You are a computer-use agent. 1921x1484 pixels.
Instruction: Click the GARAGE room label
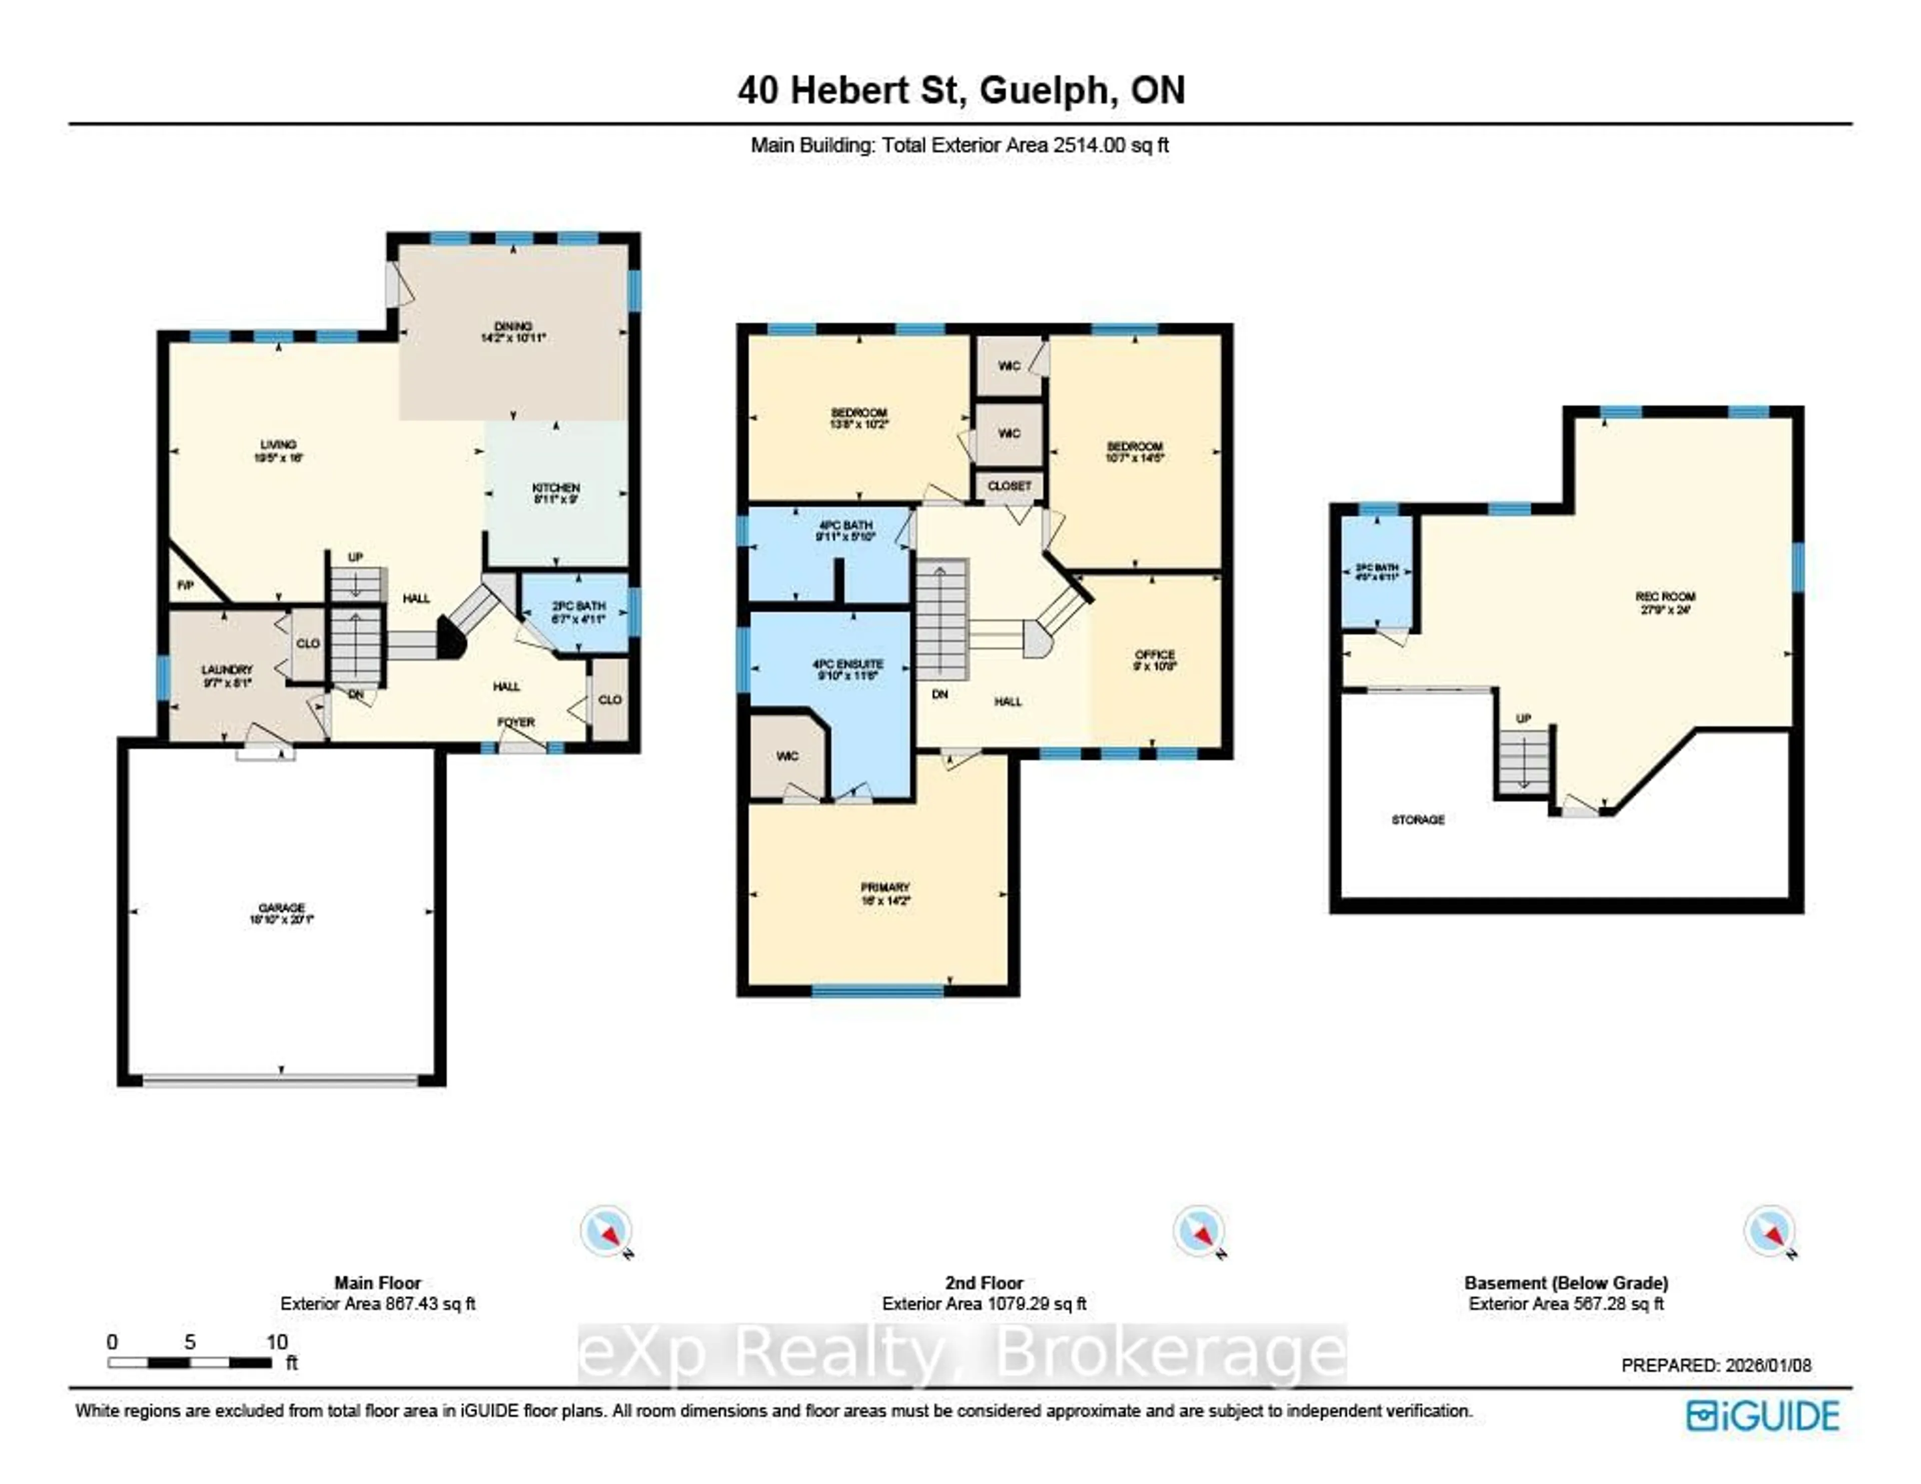282,908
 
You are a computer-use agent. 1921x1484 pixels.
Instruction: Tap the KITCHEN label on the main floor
556,487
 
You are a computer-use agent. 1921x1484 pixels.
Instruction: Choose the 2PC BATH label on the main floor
579,606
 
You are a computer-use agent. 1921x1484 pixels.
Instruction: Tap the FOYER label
516,722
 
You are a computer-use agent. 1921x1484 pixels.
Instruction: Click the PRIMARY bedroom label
885,888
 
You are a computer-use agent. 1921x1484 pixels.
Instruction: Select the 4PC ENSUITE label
848,664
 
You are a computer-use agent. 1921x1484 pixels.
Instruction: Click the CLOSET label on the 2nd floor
1009,485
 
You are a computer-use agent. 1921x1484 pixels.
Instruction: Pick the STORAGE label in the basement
1418,820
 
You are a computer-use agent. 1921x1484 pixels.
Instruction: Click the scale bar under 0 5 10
189,1362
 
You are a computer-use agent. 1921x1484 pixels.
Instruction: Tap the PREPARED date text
1715,1365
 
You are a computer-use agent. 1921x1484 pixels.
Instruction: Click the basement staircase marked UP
1523,763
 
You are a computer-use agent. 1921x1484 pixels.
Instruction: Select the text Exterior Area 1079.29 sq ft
984,1304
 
